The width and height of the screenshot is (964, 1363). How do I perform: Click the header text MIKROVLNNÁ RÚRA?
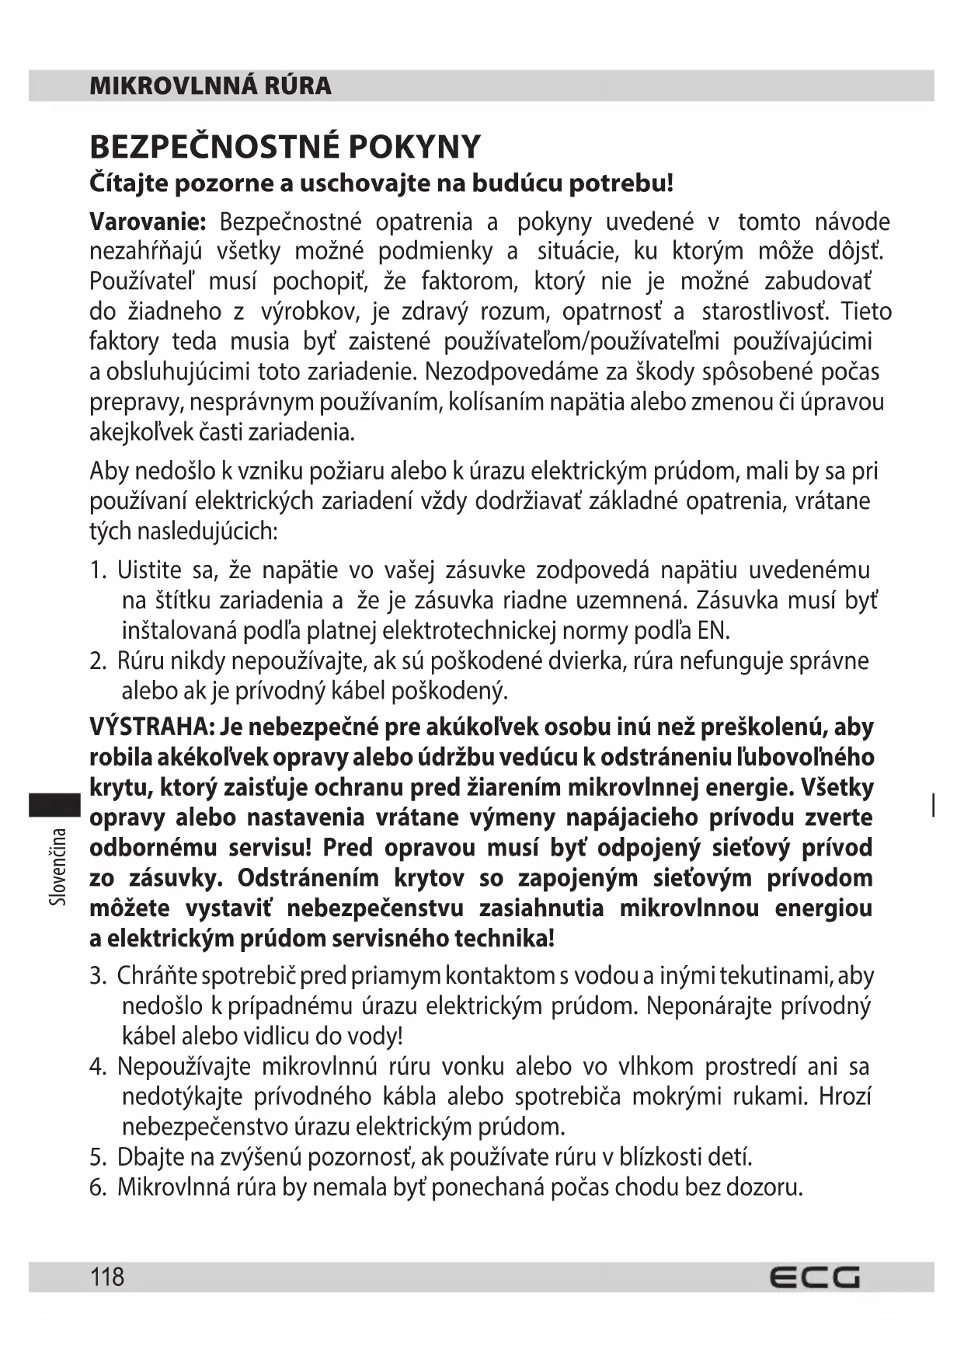[210, 85]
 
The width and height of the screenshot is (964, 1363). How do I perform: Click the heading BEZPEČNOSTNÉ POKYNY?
[285, 147]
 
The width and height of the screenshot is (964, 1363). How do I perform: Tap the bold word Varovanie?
[148, 222]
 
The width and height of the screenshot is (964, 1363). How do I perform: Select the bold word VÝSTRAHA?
[151, 727]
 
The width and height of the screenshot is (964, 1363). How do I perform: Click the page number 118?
[107, 1277]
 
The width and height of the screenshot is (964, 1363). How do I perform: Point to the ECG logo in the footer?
[815, 1278]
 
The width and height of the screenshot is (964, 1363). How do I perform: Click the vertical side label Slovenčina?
[57, 866]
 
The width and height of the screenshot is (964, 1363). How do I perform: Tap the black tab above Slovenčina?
[54, 804]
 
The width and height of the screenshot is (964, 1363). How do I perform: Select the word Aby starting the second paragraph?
[109, 472]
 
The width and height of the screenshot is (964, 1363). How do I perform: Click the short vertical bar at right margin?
[933, 805]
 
